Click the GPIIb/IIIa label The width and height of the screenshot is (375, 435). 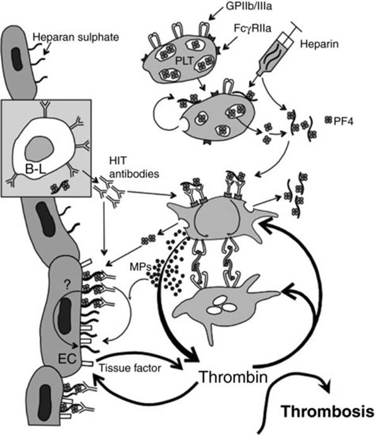pyautogui.click(x=249, y=6)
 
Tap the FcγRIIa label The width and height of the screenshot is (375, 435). pyautogui.click(x=252, y=28)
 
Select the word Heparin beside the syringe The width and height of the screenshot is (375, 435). pyautogui.click(x=319, y=44)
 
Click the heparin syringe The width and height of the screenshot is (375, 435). pyautogui.click(x=278, y=50)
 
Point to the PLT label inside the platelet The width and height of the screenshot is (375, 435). pyautogui.click(x=184, y=61)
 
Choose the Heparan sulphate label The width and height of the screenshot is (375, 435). pyautogui.click(x=76, y=37)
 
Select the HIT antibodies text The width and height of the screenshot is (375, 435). pyautogui.click(x=134, y=168)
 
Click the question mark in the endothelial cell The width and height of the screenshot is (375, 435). pyautogui.click(x=67, y=285)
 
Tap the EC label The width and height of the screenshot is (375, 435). pyautogui.click(x=67, y=358)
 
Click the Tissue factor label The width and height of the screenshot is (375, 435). pyautogui.click(x=130, y=368)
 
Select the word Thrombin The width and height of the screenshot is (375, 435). pyautogui.click(x=234, y=377)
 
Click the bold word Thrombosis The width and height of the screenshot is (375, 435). pyautogui.click(x=328, y=412)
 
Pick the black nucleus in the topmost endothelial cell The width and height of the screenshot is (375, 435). pyautogui.click(x=17, y=59)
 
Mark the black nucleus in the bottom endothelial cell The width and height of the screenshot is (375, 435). pyautogui.click(x=44, y=401)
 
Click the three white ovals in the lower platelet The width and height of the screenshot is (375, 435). pyautogui.click(x=221, y=305)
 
